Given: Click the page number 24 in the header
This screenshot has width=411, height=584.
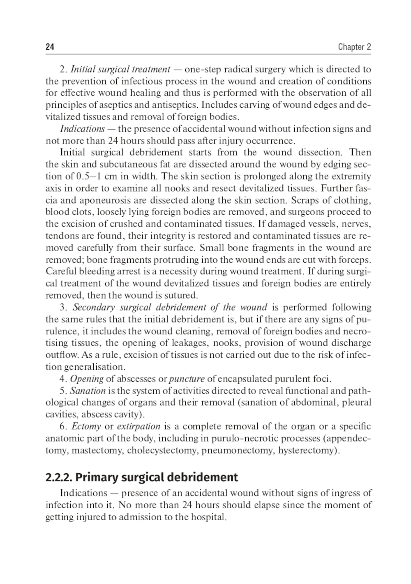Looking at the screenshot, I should [50, 47].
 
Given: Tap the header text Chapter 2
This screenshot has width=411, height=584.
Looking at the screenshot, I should [354, 47].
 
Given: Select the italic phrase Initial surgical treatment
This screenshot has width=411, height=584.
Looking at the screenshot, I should [120, 69].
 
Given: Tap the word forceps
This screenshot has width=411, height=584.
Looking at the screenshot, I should [356, 260].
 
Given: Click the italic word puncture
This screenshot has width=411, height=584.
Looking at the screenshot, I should [187, 379].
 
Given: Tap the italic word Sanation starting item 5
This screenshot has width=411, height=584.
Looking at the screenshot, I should [88, 391].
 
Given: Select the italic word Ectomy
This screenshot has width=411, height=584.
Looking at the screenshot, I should [86, 426].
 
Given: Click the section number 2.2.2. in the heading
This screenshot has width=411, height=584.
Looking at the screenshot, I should [59, 477].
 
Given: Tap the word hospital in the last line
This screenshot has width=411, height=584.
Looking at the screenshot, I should [209, 517].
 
